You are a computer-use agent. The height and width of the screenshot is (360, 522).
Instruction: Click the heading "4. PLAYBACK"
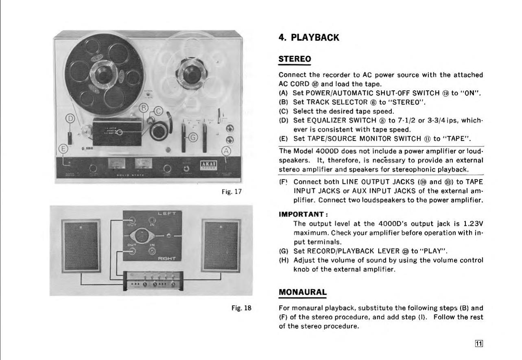(309, 38)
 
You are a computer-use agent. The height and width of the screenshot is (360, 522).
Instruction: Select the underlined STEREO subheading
(295, 59)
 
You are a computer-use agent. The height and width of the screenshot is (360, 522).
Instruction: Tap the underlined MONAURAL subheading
(302, 292)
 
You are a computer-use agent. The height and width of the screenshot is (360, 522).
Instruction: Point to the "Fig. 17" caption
(232, 191)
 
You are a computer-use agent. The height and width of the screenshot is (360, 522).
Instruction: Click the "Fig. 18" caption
(242, 308)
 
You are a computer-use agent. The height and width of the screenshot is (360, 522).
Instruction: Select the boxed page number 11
(479, 343)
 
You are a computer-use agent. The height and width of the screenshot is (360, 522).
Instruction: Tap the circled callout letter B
(143, 108)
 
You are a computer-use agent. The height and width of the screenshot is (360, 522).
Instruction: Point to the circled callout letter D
(71, 119)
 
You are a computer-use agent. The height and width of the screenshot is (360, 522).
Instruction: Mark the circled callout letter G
(194, 137)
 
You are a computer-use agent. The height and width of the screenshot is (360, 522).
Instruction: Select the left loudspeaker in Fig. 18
(81, 246)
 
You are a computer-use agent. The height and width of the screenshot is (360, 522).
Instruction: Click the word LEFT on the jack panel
(167, 213)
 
